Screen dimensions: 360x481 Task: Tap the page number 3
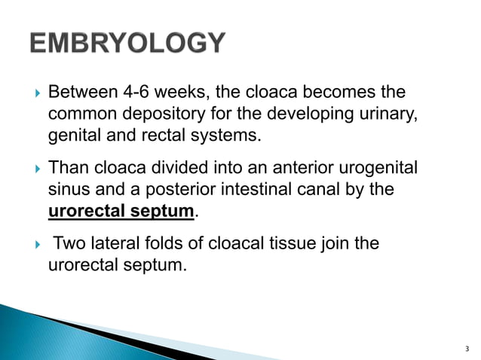point(468,349)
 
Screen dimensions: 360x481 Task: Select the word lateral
point(111,244)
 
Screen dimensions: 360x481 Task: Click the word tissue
point(287,244)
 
